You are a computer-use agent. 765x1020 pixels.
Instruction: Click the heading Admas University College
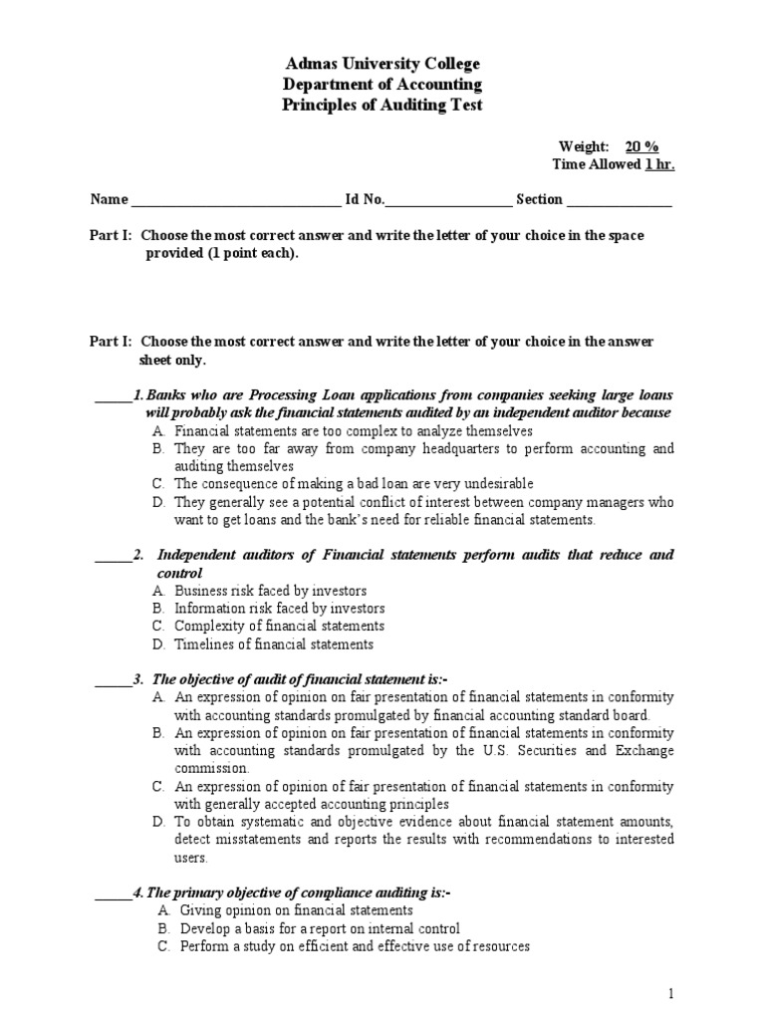pyautogui.click(x=383, y=65)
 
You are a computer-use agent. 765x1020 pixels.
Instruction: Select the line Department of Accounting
pyautogui.click(x=383, y=85)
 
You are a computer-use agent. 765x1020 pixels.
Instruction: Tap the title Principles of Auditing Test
pyautogui.click(x=383, y=106)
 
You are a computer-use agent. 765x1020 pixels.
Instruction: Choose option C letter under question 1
pyautogui.click(x=158, y=484)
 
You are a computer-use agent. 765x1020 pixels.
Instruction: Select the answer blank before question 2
pyautogui.click(x=113, y=556)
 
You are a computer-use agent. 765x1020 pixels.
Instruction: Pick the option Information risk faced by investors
pyautogui.click(x=279, y=609)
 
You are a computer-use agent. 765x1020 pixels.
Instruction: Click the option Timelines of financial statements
pyautogui.click(x=274, y=644)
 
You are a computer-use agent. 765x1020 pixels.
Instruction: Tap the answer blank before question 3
pyautogui.click(x=113, y=680)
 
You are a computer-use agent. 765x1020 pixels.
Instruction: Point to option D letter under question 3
pyautogui.click(x=158, y=822)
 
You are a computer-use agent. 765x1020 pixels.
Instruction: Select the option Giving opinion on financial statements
pyautogui.click(x=296, y=910)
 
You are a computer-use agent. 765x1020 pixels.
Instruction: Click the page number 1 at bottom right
pyautogui.click(x=672, y=994)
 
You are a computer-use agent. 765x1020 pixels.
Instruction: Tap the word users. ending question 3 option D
pyautogui.click(x=191, y=858)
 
